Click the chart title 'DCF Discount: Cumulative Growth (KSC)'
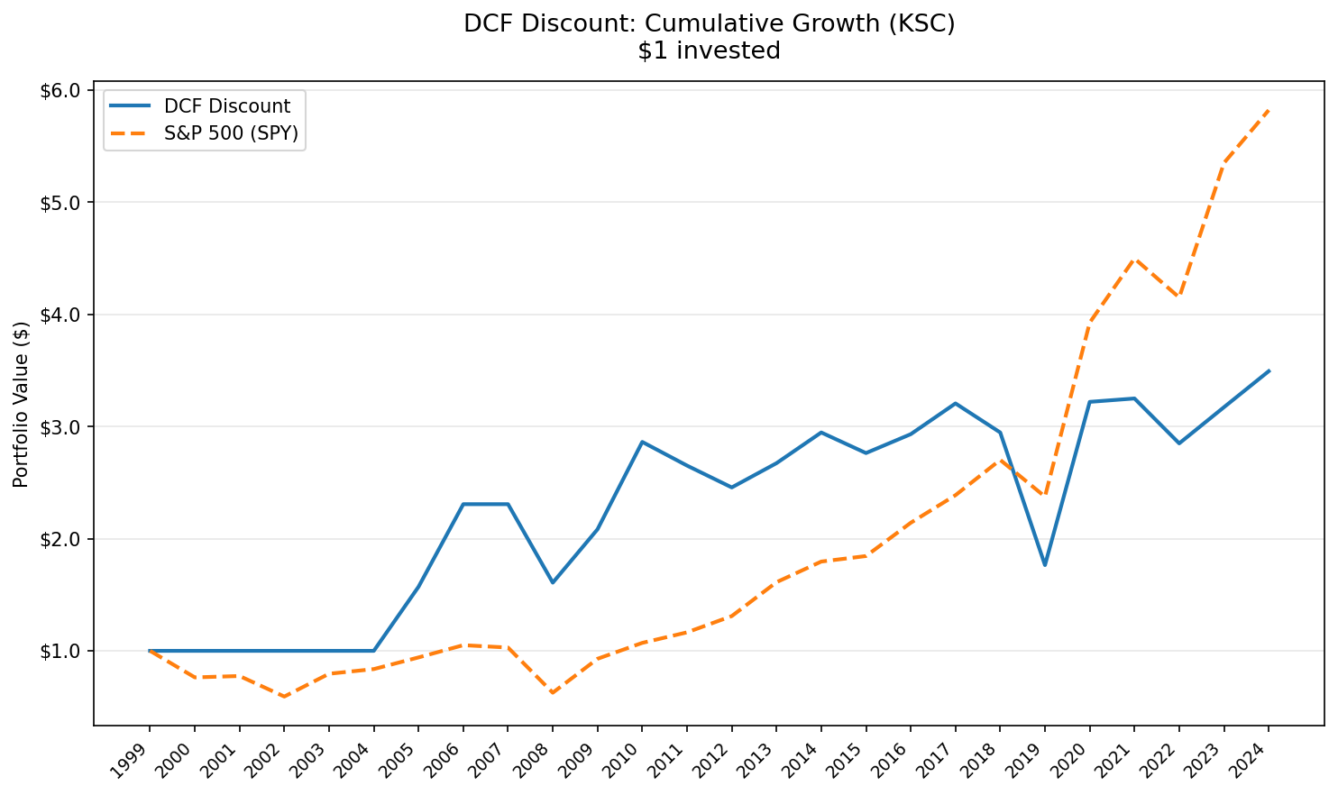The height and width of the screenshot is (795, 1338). tap(709, 24)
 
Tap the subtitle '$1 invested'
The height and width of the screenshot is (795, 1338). tap(709, 51)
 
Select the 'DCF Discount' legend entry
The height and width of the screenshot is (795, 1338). tap(227, 106)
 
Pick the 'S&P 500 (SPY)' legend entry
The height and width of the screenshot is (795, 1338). tap(231, 133)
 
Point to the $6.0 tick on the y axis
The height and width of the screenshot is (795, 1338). tap(60, 90)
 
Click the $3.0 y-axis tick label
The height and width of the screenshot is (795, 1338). tap(60, 426)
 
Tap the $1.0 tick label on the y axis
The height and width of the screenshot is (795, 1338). tap(60, 651)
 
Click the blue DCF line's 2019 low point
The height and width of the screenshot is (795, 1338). tap(1044, 565)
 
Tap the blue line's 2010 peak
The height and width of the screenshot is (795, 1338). tap(642, 442)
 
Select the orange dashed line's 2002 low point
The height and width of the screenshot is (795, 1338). tap(284, 697)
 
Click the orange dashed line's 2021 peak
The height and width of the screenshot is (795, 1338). tap(1134, 260)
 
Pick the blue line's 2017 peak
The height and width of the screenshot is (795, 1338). tap(955, 403)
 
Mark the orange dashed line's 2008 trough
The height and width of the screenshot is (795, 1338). tap(553, 693)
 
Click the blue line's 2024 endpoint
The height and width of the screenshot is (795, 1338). tap(1269, 370)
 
